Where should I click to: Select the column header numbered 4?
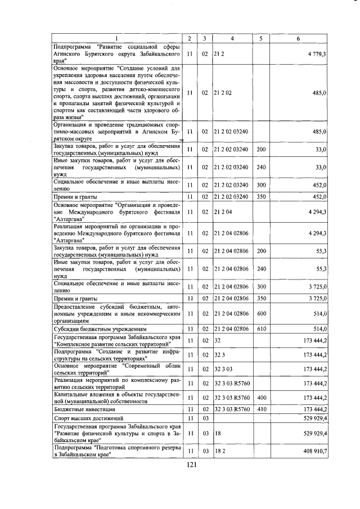(232, 38)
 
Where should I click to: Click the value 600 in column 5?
(261, 314)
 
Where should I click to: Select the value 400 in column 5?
(261, 398)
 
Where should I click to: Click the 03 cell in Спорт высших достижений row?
(205, 419)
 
